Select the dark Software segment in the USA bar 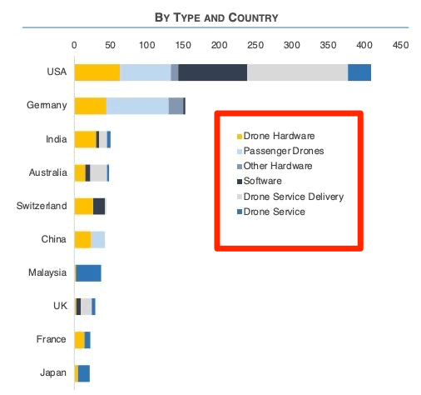pyautogui.click(x=212, y=72)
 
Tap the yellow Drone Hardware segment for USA pyautogui.click(x=97, y=72)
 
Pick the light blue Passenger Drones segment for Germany pyautogui.click(x=137, y=106)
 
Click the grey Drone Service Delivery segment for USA pyautogui.click(x=297, y=72)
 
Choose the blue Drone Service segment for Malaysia pyautogui.click(x=89, y=272)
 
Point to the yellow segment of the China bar pyautogui.click(x=82, y=239)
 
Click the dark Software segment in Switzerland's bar pyautogui.click(x=99, y=206)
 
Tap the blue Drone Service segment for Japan pyautogui.click(x=83, y=372)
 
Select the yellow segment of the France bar pyautogui.click(x=79, y=339)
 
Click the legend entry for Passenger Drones pyautogui.click(x=284, y=151)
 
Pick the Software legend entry pyautogui.click(x=262, y=181)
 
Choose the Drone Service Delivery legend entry pyautogui.click(x=293, y=197)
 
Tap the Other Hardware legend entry pyautogui.click(x=279, y=166)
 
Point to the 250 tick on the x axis pyautogui.click(x=255, y=44)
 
